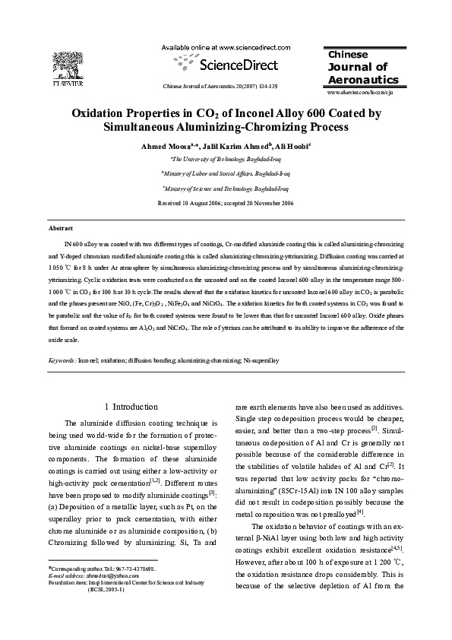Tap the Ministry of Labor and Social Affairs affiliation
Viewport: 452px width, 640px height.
tap(226, 173)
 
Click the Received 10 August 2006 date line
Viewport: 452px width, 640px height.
tap(226, 203)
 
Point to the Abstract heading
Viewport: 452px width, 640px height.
tap(60, 228)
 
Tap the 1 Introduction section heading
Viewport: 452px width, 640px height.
tap(131, 407)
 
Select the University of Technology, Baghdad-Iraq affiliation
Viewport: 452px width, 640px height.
tap(226, 159)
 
